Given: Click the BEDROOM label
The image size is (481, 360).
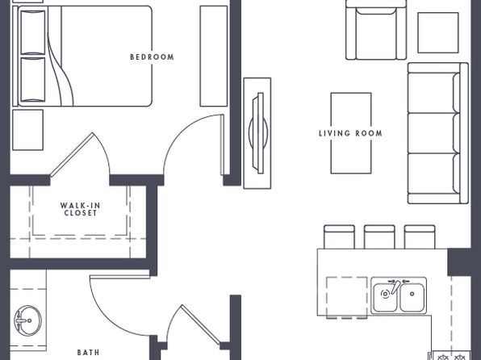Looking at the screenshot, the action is pos(152,57).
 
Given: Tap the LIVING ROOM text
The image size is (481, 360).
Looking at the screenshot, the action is pos(350,133).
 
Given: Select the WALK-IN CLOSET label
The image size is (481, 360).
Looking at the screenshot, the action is pos(81,209).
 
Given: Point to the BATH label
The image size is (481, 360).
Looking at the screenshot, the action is pos(88,352).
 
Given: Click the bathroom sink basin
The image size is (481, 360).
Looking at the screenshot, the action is pos(28,320).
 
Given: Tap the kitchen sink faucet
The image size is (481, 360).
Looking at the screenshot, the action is pos(395,287).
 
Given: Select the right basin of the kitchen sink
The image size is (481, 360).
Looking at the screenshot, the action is pos(412,297).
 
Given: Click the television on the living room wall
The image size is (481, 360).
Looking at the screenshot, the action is pos(258,133).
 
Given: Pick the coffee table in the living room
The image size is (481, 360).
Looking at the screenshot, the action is pos(351,133).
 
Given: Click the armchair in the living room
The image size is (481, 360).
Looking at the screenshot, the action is pos(376,31).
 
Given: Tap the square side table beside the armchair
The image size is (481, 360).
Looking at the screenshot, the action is pos(438,33).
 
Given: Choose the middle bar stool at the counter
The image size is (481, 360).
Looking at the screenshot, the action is pos(379,237).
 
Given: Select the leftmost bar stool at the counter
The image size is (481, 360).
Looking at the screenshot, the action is pos(339,237).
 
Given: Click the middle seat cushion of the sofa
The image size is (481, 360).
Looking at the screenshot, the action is pos(433,133).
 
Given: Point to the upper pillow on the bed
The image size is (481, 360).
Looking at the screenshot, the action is pos(32,32).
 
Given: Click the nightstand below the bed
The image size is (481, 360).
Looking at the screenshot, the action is pos(27,130).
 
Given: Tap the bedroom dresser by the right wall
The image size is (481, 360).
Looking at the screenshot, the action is pos(214,57).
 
